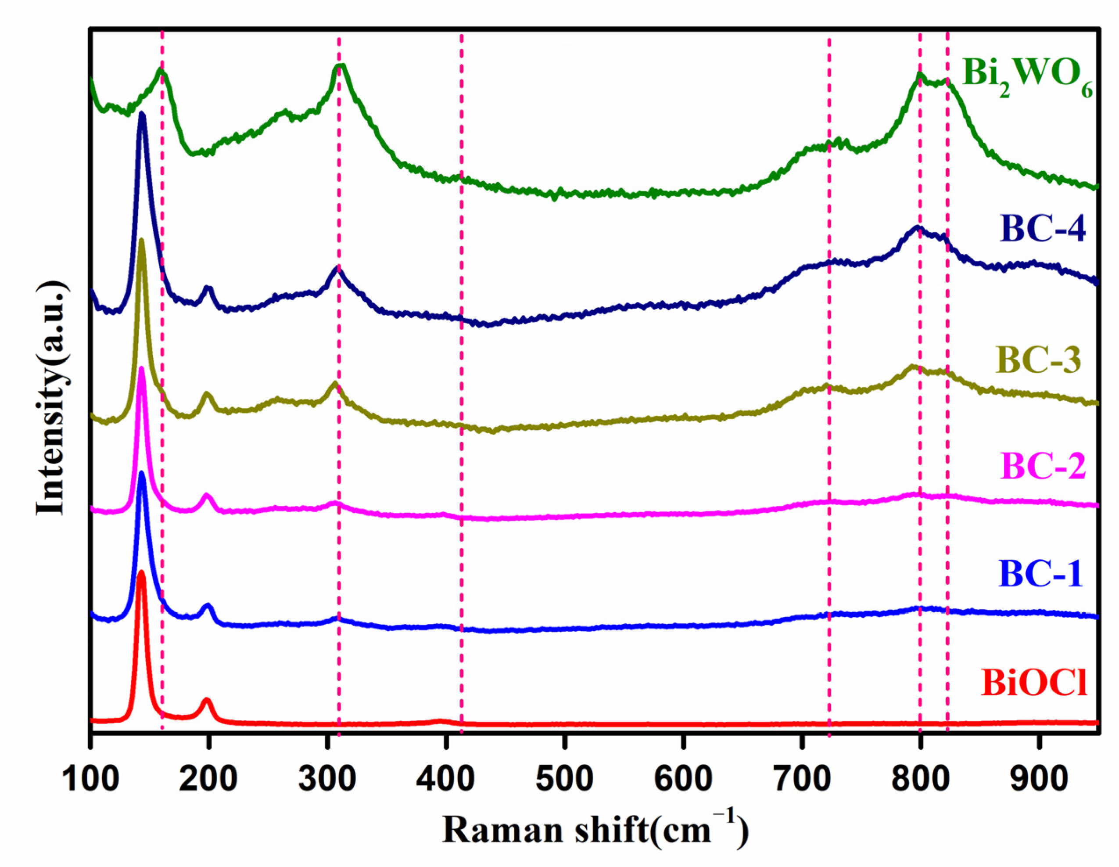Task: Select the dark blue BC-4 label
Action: pos(1043,229)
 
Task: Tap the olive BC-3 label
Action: pos(1039,360)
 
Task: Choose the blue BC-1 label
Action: pos(1040,574)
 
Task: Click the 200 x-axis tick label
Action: pos(208,779)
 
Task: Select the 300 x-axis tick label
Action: pos(326,779)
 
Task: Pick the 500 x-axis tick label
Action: pos(564,779)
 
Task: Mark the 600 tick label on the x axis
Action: pos(682,779)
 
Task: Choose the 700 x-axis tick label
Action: pos(801,779)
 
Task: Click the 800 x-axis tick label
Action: pos(920,779)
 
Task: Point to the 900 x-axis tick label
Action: pos(1039,779)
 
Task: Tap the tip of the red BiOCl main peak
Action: pos(141,572)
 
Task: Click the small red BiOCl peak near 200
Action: pos(207,699)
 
